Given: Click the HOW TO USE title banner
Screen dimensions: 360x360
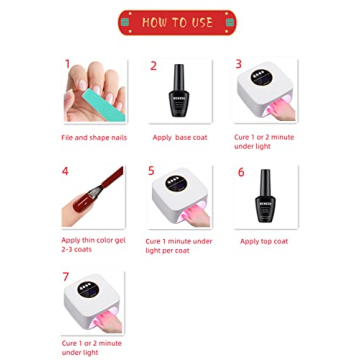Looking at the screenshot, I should [x=179, y=21].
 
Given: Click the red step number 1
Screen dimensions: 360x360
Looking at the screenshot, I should [x=68, y=63].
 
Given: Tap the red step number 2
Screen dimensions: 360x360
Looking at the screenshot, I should [x=154, y=66].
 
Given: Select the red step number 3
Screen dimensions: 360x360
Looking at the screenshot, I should [x=239, y=64].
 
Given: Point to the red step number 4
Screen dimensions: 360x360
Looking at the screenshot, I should [x=65, y=172].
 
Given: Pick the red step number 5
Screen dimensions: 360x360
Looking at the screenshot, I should [x=152, y=172].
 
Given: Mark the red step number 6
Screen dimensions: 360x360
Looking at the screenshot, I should [x=241, y=172].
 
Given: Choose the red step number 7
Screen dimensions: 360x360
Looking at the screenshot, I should [x=66, y=277].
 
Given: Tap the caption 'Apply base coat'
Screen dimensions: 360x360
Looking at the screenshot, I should [x=180, y=137].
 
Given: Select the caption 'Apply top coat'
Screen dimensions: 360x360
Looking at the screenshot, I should [x=266, y=241].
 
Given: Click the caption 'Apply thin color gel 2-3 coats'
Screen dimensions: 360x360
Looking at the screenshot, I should [x=92, y=245].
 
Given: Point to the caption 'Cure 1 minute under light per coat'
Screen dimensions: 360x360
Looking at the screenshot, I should [x=179, y=245].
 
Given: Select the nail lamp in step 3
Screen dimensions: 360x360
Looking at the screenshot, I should [x=267, y=93].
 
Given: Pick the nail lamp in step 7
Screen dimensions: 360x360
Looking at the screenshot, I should [x=95, y=305].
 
